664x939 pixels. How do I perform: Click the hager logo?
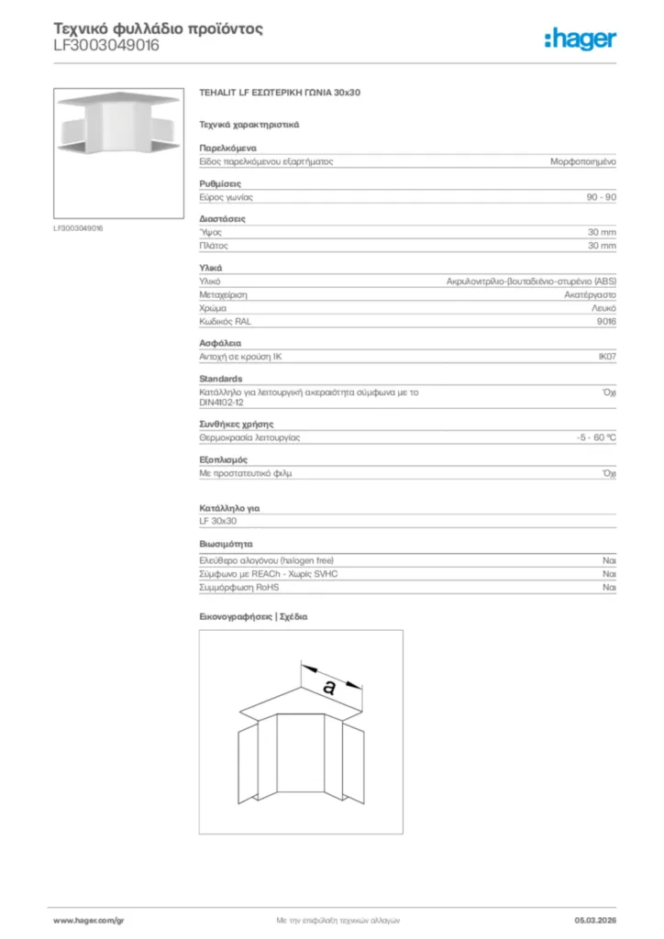tap(580, 39)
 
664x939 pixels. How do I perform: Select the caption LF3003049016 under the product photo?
tap(78, 227)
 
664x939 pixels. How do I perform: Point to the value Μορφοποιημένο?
tap(582, 160)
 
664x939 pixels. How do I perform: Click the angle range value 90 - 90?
tap(601, 197)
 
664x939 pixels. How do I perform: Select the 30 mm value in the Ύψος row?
tap(602, 233)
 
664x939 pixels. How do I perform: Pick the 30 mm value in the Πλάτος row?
tap(602, 246)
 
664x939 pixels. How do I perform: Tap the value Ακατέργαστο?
tap(590, 295)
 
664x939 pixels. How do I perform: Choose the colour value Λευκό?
tap(603, 309)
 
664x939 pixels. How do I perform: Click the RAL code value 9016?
tap(606, 322)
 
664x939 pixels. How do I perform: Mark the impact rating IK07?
tap(606, 355)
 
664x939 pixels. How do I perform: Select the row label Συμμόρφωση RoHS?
tap(239, 587)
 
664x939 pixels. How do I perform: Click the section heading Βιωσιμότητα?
tap(227, 543)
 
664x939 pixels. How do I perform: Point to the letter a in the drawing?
tap(329, 685)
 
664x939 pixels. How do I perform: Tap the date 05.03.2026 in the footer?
tap(595, 920)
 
